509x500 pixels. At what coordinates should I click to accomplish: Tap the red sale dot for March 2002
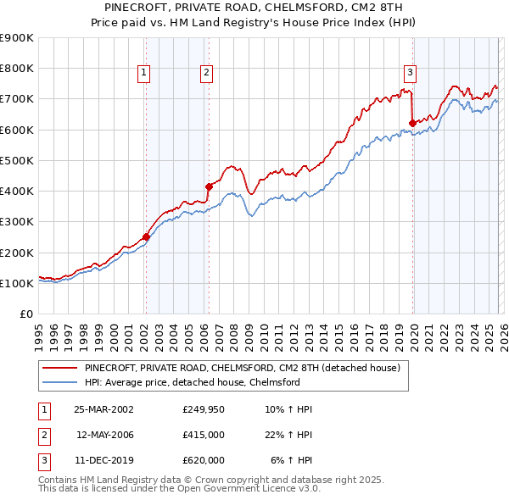(x=146, y=237)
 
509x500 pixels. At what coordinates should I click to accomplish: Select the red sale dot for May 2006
(x=208, y=186)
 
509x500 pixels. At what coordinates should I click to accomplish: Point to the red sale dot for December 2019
(x=412, y=123)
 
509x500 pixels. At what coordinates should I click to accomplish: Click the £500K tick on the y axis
(x=17, y=160)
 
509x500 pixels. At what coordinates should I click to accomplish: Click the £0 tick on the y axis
(x=25, y=314)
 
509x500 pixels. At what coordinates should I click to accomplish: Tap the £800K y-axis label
(x=17, y=68)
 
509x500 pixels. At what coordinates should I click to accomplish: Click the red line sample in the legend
(x=59, y=369)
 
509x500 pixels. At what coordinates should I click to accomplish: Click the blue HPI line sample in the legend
(x=59, y=382)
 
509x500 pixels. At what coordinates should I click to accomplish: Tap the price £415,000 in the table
(x=203, y=435)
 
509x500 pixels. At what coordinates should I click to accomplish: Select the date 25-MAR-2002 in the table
(x=103, y=409)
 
